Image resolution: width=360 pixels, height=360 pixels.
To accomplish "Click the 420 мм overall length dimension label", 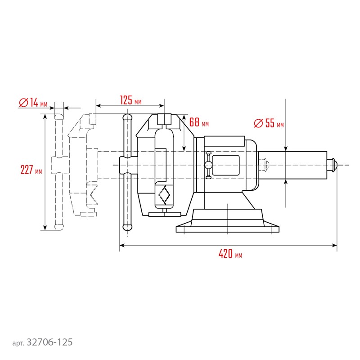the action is (x=230, y=254).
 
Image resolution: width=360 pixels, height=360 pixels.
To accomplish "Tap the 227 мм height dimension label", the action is (x=31, y=170).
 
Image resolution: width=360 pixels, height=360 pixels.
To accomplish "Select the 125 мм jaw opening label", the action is (x=130, y=100).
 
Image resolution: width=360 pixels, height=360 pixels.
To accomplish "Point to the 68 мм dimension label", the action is (x=199, y=122).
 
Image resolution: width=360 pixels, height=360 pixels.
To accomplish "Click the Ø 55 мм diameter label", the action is (x=269, y=123).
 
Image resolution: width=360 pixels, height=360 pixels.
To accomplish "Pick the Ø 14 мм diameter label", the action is (x=33, y=103).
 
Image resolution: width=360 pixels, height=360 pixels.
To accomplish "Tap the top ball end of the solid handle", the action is (x=127, y=118).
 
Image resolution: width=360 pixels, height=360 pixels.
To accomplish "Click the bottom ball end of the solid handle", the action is (x=127, y=227).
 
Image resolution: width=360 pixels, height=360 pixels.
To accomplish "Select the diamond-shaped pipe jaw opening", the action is (x=164, y=195).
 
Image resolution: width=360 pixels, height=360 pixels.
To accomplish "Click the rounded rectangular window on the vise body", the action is (x=226, y=165).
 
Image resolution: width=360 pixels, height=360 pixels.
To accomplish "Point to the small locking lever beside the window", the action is (x=208, y=165).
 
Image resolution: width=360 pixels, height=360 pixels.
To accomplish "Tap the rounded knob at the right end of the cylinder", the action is (x=333, y=165).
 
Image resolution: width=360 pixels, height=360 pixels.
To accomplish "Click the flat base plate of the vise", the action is (x=228, y=229).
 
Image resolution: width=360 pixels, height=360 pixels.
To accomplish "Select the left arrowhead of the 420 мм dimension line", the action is (x=122, y=245).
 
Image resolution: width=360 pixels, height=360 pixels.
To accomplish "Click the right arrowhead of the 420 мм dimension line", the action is (x=334, y=245).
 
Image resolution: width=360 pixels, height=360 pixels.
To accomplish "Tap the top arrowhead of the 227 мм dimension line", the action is (x=45, y=116).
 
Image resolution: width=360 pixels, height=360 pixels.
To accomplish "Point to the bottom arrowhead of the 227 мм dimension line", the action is (x=45, y=228).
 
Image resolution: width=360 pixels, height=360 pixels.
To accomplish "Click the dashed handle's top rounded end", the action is (x=59, y=117).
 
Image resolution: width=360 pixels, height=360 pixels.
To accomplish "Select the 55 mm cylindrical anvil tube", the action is (x=293, y=165).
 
